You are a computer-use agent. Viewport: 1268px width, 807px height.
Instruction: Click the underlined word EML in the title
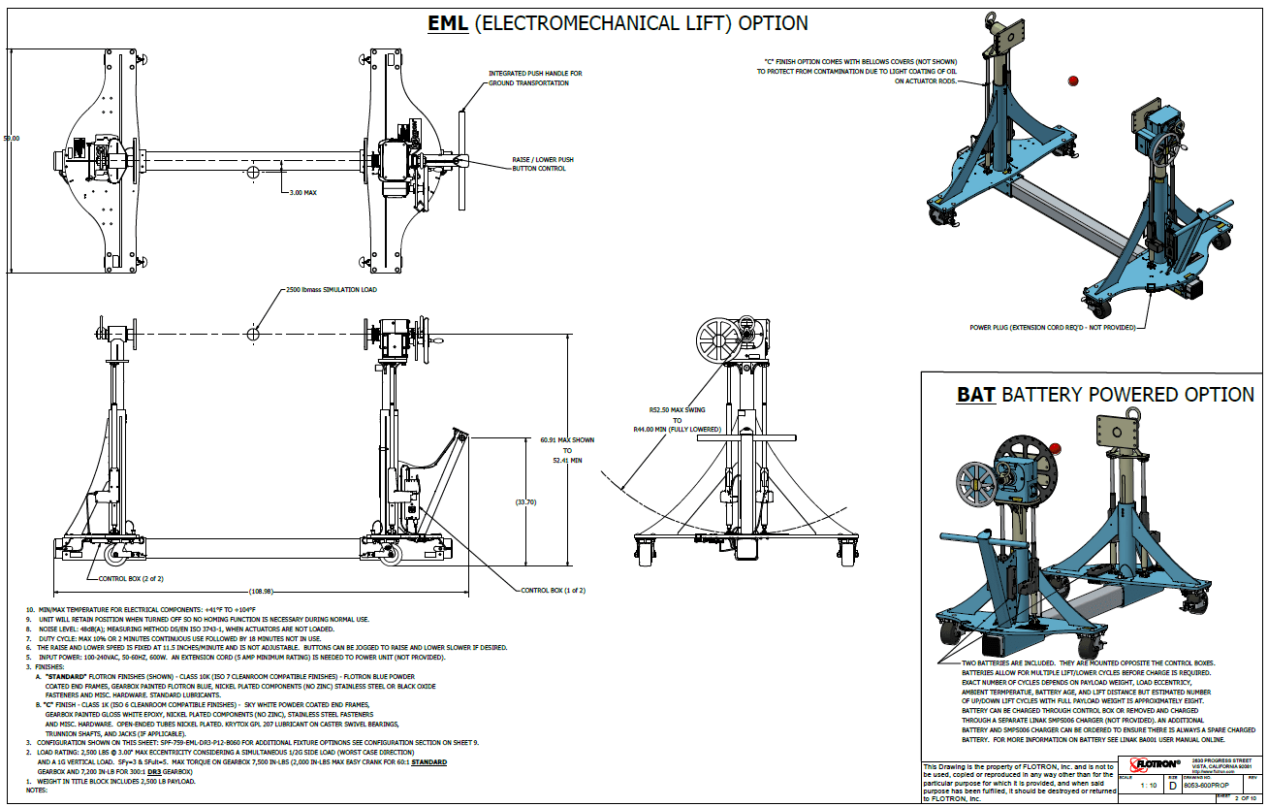point(447,23)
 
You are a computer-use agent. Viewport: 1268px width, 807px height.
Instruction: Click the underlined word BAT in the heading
point(975,395)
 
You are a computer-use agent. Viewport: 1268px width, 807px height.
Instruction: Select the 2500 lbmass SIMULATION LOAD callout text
point(331,289)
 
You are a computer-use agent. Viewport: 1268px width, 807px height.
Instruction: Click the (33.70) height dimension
point(524,502)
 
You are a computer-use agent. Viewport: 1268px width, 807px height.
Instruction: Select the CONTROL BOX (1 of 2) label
point(553,590)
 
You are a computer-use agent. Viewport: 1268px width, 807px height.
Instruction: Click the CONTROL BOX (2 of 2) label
point(132,578)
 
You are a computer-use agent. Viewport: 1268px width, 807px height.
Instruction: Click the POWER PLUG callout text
point(1052,328)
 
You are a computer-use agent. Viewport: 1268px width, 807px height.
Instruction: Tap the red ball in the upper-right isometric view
point(1072,81)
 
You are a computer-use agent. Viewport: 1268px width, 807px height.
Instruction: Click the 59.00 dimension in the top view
point(12,139)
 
